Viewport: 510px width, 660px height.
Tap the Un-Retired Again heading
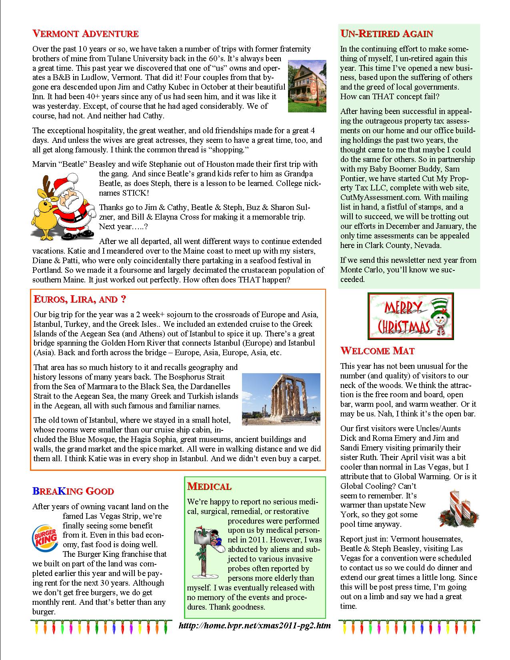click(x=386, y=34)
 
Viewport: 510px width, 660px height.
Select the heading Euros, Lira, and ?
click(x=81, y=299)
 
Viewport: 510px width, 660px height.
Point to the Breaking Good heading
click(x=73, y=491)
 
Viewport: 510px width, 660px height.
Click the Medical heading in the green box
click(x=209, y=486)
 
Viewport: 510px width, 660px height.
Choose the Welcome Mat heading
click(x=377, y=351)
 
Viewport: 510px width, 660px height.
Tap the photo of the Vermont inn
click(x=307, y=86)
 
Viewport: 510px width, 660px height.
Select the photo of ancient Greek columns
click(x=281, y=399)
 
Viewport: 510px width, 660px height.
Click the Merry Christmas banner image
click(x=411, y=316)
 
